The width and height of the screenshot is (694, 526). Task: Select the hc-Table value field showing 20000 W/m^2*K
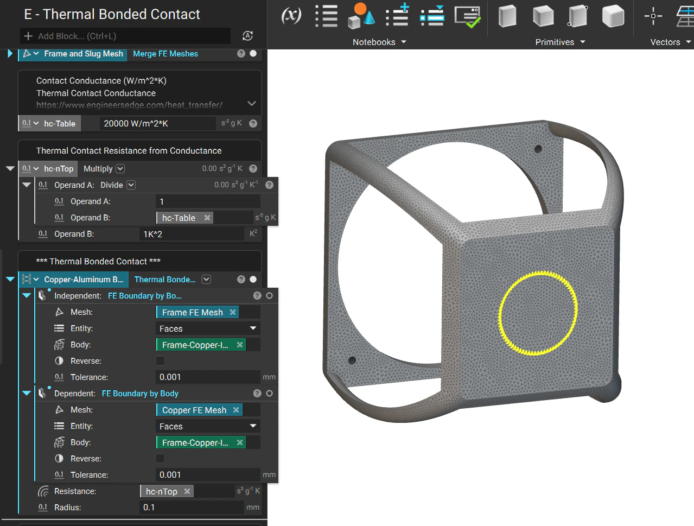coord(157,124)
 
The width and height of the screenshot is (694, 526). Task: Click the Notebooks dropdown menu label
coord(374,42)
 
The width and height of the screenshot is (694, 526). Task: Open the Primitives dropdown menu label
coord(555,42)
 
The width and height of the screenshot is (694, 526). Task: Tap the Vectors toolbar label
coord(665,42)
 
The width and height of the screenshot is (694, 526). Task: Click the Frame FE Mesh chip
coord(192,313)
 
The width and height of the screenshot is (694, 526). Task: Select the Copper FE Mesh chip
coord(194,410)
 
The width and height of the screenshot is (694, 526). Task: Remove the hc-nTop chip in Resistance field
coord(187,491)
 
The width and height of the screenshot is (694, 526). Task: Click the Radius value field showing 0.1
coord(193,508)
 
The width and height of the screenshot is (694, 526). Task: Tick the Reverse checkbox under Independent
coord(160,361)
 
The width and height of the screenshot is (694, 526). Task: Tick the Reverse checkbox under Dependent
coord(160,459)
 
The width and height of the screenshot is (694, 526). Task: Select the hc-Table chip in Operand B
coord(179,218)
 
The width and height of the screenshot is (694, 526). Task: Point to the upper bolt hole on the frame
coord(538,149)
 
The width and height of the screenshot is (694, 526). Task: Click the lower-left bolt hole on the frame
coord(352,360)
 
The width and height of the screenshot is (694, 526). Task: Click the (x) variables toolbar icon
coord(291,15)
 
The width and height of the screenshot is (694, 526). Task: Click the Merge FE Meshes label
coord(165,54)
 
